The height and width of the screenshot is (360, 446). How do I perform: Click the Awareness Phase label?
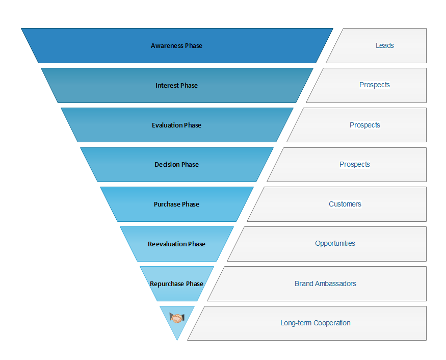tap(176, 46)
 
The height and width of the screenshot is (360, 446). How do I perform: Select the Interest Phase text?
tap(176, 86)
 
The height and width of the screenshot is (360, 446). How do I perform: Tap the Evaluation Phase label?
tap(176, 125)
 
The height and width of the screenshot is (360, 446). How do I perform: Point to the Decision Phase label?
tap(176, 165)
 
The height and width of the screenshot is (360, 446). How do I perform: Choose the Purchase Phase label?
tap(176, 204)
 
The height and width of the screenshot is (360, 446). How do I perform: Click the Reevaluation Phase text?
tap(176, 244)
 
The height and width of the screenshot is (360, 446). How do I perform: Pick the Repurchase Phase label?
tap(176, 284)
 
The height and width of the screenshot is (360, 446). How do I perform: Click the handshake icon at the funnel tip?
tap(177, 319)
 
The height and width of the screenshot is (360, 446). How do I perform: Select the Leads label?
tap(385, 45)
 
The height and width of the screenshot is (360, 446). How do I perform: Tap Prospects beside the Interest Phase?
tap(375, 85)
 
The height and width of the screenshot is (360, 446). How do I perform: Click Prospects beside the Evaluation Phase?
tap(365, 125)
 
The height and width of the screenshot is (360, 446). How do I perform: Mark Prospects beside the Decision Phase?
tap(355, 164)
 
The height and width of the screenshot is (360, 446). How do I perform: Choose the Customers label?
tap(345, 204)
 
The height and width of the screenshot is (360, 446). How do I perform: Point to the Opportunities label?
tap(335, 244)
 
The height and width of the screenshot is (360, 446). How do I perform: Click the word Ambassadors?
tap(336, 284)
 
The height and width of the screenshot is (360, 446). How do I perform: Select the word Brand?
tap(304, 284)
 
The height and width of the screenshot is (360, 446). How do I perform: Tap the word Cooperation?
tap(332, 323)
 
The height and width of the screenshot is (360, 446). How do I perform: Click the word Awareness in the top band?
tap(167, 46)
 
